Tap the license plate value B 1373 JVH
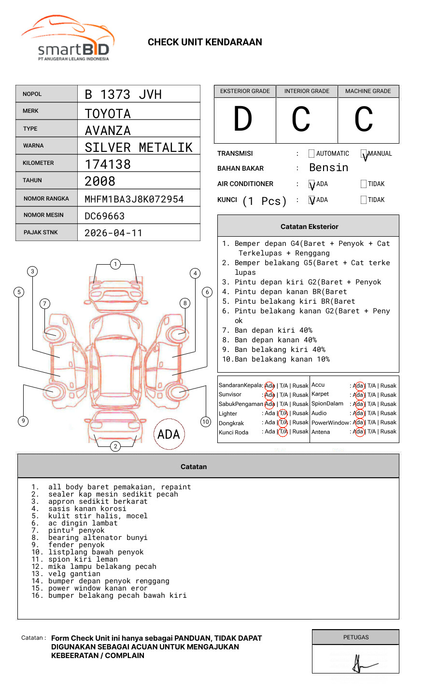click(123, 94)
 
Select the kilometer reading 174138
click(108, 164)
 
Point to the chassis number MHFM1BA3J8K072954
click(134, 199)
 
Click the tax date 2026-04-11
click(113, 233)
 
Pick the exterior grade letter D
click(243, 119)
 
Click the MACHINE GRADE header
click(368, 91)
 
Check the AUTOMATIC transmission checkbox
click(311, 154)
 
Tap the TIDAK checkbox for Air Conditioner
click(364, 184)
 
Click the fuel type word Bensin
click(328, 168)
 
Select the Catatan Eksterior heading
click(309, 227)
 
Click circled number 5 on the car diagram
click(19, 292)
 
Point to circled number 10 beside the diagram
click(206, 422)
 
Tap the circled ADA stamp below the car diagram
click(169, 434)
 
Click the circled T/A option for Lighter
click(283, 413)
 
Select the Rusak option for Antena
click(388, 431)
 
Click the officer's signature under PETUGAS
click(362, 664)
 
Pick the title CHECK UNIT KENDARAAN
click(205, 42)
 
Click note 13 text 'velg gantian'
click(74, 574)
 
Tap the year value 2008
click(100, 182)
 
